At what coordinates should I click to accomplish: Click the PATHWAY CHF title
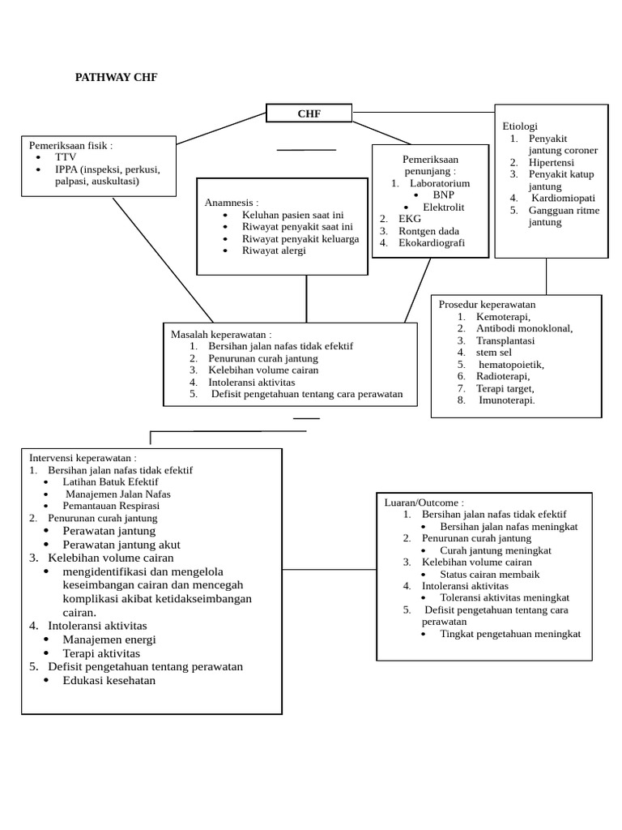[x=116, y=78]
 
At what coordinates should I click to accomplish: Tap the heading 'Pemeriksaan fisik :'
[x=71, y=145]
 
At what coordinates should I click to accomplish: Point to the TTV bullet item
[x=65, y=157]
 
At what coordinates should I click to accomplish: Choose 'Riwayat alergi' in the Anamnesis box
[x=274, y=250]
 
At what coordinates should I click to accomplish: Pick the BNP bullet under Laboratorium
[x=443, y=195]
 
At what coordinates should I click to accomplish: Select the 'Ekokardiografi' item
[x=432, y=242]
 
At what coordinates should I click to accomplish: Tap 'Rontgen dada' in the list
[x=428, y=230]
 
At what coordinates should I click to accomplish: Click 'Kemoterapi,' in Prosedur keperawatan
[x=504, y=316]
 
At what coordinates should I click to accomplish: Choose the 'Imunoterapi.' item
[x=507, y=400]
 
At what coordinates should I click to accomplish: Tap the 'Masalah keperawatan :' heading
[x=221, y=334]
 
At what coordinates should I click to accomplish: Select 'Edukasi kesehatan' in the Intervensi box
[x=109, y=680]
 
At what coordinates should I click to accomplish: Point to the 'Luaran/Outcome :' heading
[x=424, y=502]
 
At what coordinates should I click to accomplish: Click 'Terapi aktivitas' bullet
[x=101, y=653]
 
